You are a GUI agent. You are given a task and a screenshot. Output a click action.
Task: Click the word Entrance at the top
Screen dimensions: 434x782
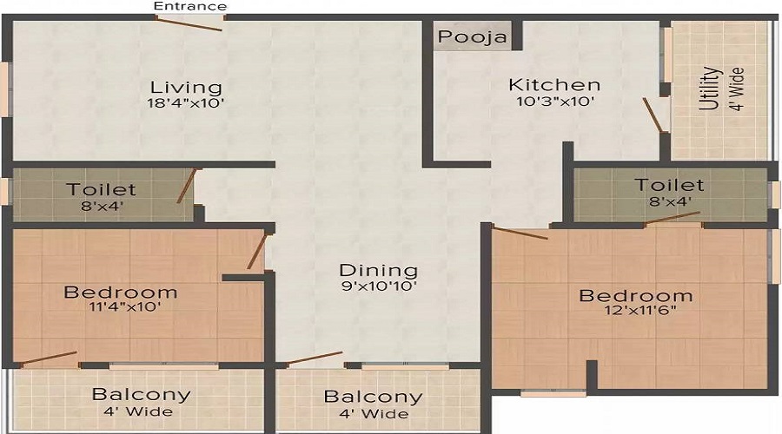coord(190,6)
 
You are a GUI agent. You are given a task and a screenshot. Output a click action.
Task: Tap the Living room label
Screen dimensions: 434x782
coord(186,88)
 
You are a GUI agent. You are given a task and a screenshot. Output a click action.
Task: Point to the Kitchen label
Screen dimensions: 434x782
coord(554,85)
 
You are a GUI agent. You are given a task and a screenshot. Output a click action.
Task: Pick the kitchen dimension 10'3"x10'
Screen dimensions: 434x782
coord(554,101)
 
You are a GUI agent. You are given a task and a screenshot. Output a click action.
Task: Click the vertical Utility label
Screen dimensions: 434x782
coord(710,89)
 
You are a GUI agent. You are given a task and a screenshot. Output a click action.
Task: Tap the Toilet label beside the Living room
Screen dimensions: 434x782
coord(102,189)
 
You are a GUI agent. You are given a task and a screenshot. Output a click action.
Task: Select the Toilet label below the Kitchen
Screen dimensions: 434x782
coord(668,185)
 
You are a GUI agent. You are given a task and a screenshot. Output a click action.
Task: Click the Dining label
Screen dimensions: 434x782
coord(378,270)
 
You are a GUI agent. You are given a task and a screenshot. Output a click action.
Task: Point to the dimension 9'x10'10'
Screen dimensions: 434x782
coord(378,286)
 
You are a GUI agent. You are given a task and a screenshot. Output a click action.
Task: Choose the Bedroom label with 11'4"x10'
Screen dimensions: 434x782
coord(121,292)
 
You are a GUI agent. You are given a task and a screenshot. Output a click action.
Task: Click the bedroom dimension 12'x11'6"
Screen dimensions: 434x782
coord(636,312)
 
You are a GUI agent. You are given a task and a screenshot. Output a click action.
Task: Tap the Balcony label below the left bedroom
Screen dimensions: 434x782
coord(141,394)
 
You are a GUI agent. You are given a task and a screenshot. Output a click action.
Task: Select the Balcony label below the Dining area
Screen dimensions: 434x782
coord(373,398)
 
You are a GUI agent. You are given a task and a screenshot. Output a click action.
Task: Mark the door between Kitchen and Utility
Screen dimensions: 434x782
coord(653,116)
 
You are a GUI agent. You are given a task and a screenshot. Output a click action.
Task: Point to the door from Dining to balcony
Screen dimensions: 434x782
coord(315,358)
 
